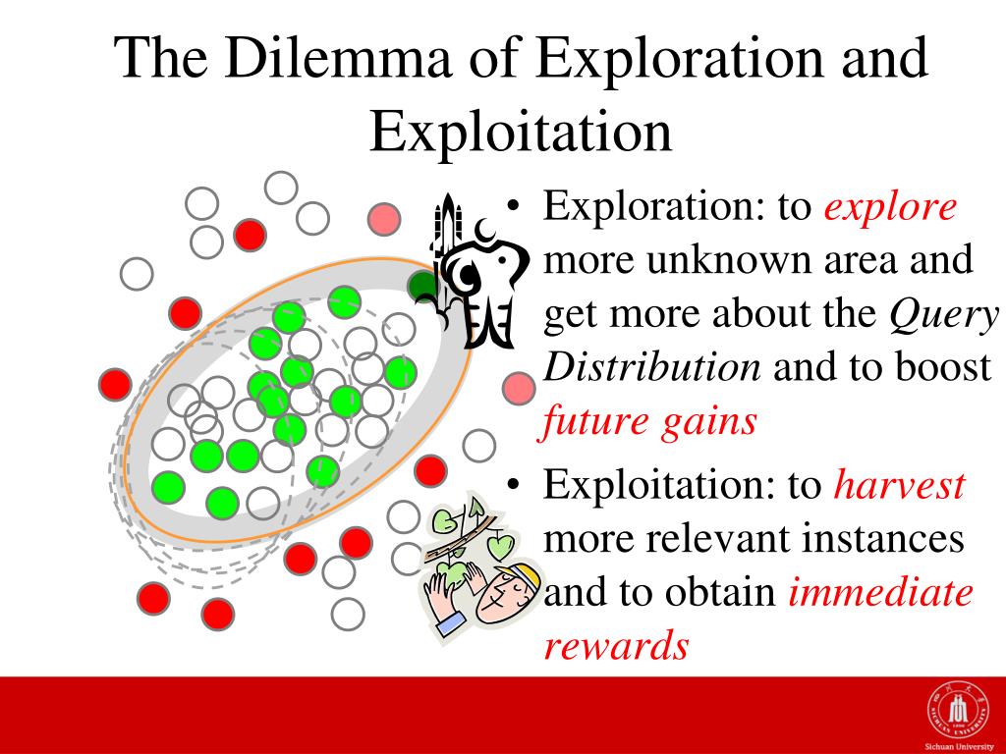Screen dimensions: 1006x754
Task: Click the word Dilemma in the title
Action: (336, 58)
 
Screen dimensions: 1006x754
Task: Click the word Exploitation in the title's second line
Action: (521, 133)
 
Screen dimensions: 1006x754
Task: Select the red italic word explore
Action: (890, 208)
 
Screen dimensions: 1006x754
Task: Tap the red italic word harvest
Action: (900, 485)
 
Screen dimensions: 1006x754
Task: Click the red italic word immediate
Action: (880, 592)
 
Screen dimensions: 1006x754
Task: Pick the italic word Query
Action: (944, 315)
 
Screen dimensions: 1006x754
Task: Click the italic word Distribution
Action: (652, 367)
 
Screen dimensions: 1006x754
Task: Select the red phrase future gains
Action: (649, 423)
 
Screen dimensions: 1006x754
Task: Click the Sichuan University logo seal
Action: (958, 711)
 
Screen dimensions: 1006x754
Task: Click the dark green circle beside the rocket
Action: (421, 286)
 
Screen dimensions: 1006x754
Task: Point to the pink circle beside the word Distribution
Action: (519, 389)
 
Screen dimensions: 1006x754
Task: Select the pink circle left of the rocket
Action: (384, 219)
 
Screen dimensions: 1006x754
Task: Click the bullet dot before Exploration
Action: (513, 206)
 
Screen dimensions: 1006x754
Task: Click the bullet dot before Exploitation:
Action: (513, 485)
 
